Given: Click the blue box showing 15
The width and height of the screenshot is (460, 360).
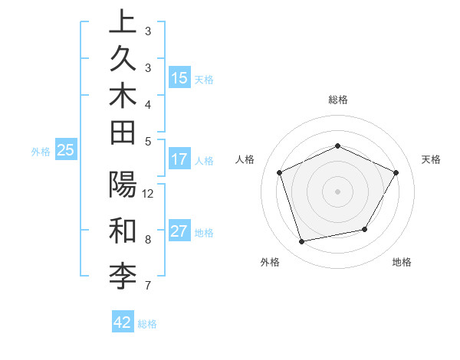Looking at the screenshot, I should [179, 78].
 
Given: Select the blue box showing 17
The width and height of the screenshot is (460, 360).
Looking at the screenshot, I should [179, 159].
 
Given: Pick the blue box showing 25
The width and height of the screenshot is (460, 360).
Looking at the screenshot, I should [66, 151].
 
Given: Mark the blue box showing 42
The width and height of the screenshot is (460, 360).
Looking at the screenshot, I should [123, 322].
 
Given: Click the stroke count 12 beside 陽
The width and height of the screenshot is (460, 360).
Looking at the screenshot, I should [148, 193].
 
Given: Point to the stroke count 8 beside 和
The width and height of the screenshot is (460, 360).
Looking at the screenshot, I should [148, 239].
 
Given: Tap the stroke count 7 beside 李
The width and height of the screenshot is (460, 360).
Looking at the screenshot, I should [148, 286].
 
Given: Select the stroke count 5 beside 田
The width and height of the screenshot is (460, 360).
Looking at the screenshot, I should [148, 141].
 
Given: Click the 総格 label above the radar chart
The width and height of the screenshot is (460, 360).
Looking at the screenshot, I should [337, 100].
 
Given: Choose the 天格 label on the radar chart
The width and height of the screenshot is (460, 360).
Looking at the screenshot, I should [431, 159].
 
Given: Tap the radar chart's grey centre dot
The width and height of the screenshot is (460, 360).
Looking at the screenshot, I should [337, 191].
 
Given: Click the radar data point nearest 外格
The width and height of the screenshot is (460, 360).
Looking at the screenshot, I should [301, 242].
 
